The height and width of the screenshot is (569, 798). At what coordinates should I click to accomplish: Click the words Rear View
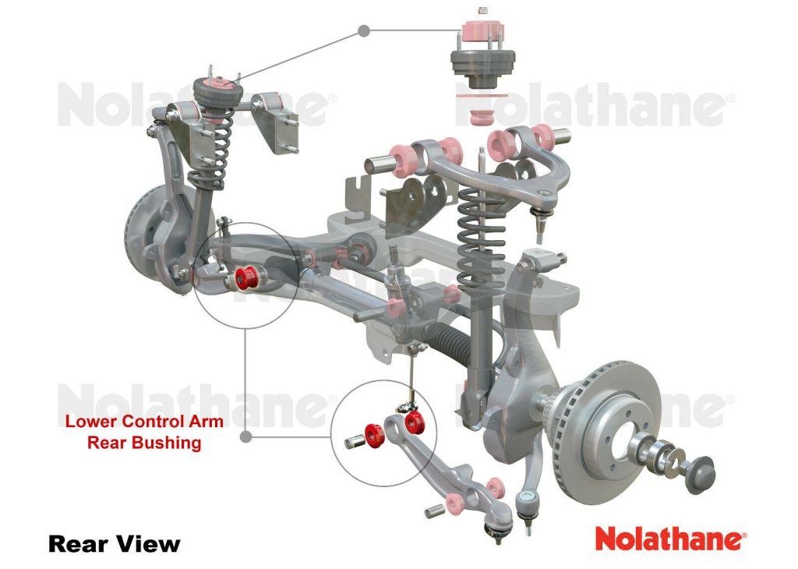(x=114, y=544)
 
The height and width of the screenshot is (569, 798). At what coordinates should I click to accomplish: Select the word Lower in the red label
(x=92, y=421)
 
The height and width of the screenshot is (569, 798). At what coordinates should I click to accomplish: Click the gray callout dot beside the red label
(x=245, y=436)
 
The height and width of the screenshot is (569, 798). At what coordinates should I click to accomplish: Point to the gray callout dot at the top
(x=363, y=31)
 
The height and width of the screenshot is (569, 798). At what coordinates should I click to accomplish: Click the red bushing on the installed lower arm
(x=248, y=277)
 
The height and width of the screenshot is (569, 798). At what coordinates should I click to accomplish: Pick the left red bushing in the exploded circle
(x=375, y=436)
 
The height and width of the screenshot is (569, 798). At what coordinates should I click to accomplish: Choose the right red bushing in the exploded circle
(x=415, y=422)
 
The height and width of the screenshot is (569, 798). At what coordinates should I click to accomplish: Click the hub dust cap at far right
(x=700, y=475)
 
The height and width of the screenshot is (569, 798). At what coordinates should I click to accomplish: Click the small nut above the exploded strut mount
(x=483, y=10)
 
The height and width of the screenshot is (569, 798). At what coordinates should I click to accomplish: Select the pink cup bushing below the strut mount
(x=481, y=118)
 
